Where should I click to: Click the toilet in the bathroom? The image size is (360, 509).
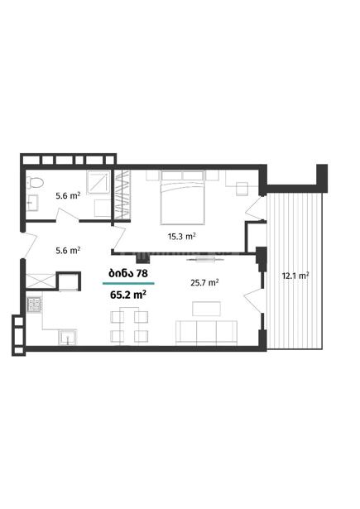click(35, 183)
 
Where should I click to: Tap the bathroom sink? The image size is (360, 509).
click(31, 203)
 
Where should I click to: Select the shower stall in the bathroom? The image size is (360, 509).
click(98, 182)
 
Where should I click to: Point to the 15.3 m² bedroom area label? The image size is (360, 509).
click(181, 237)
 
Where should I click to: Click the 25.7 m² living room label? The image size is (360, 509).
click(204, 283)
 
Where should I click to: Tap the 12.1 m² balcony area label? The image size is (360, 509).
click(295, 276)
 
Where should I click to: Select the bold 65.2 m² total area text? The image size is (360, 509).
click(128, 295)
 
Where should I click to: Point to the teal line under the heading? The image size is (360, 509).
click(128, 283)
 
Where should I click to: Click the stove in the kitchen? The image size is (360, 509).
click(35, 305)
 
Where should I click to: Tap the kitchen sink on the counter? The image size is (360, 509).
click(68, 338)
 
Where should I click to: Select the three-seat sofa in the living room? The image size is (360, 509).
click(206, 333)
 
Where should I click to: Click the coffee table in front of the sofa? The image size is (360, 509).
click(206, 309)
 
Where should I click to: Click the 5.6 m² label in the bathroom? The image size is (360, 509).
click(68, 196)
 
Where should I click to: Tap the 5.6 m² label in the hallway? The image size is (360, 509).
click(68, 250)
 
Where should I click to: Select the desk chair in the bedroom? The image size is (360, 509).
click(242, 189)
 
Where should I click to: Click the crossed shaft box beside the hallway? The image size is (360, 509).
click(41, 281)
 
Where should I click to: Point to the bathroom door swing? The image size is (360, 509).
click(68, 215)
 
